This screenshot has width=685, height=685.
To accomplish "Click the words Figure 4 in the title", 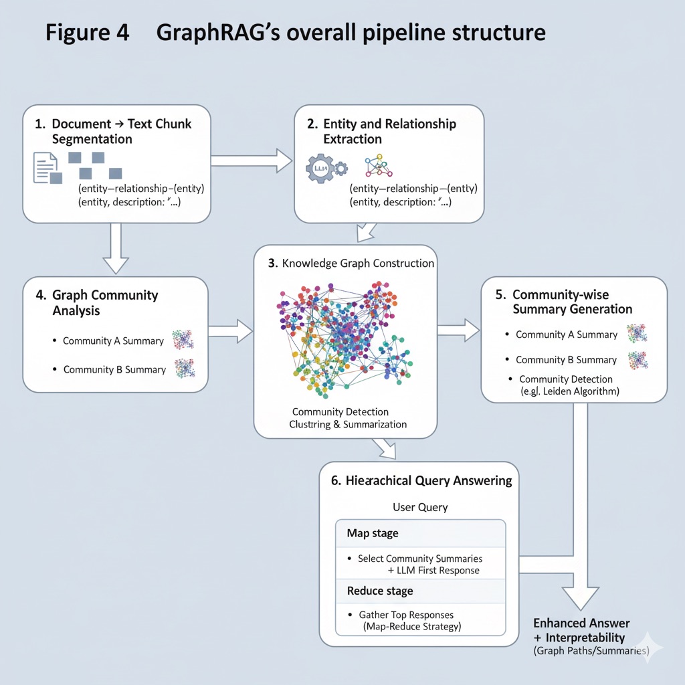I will tap(88, 33).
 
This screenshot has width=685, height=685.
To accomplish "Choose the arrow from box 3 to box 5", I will tap(458, 328).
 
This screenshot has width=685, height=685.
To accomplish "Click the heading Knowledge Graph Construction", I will tap(351, 264).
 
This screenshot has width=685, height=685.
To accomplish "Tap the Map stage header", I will tap(373, 533).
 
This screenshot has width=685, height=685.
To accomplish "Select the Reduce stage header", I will tap(380, 591).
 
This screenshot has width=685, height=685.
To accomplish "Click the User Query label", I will tap(420, 507).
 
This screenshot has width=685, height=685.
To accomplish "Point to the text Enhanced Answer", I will tap(581, 623).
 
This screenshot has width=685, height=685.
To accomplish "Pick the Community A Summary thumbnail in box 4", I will tap(183, 340).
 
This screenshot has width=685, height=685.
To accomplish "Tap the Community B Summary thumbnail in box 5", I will tap(637, 360).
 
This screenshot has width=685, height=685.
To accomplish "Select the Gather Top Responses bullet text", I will tap(406, 615).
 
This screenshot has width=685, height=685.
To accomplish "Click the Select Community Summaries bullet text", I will tap(419, 559).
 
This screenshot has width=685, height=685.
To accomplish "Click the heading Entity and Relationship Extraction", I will tap(389, 131).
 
